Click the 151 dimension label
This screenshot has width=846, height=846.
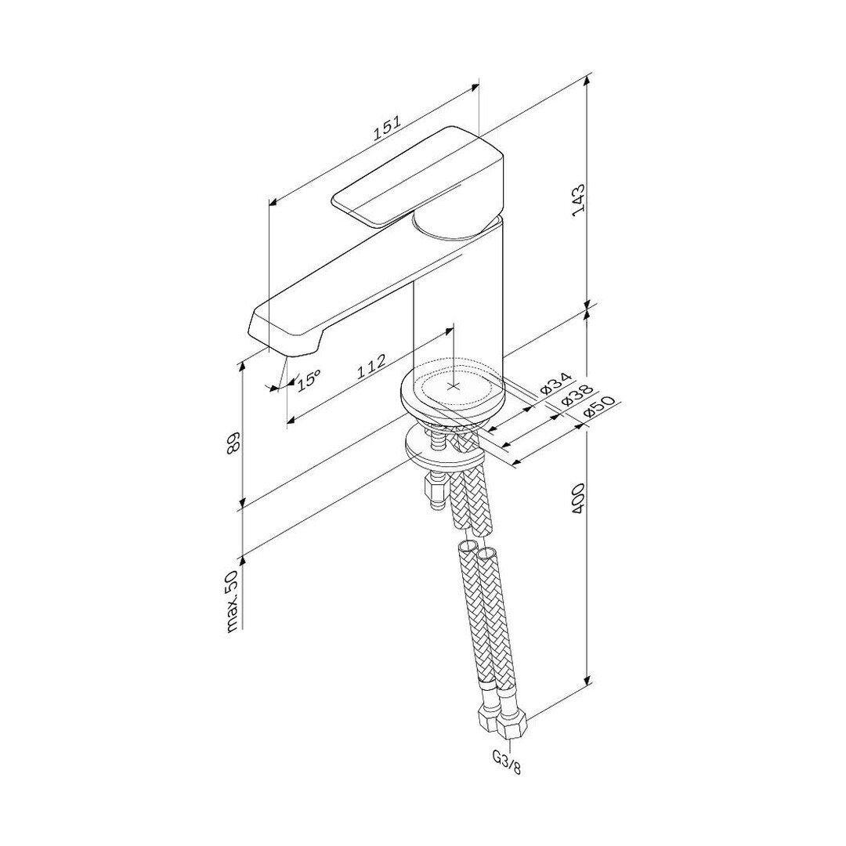[x=388, y=129]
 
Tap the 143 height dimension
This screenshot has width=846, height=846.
[x=579, y=200]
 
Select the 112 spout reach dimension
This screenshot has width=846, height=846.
[x=371, y=367]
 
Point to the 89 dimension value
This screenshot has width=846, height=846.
[x=233, y=443]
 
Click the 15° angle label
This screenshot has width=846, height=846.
[x=308, y=380]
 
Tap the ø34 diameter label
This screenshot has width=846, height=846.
[x=555, y=381]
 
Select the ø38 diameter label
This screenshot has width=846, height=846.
[x=577, y=395]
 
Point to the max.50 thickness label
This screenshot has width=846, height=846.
[x=233, y=601]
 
